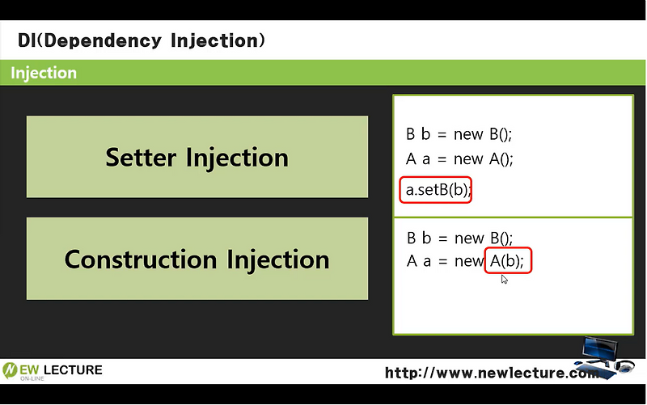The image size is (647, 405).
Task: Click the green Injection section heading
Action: (x=44, y=73)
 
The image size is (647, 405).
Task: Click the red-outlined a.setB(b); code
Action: (x=437, y=190)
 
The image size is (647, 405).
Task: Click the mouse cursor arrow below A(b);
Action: (x=504, y=279)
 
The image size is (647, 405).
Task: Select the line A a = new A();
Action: (x=459, y=158)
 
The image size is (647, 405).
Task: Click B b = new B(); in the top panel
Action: (x=459, y=134)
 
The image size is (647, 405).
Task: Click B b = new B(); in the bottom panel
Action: (x=459, y=238)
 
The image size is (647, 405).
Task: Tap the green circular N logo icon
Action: (x=11, y=371)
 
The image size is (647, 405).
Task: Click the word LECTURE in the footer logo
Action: (x=72, y=370)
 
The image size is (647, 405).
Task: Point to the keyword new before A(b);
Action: (x=468, y=261)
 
